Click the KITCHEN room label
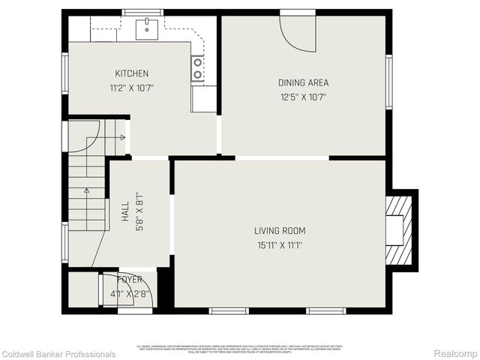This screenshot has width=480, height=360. (x=131, y=73)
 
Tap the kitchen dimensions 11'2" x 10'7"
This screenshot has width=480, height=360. (x=131, y=88)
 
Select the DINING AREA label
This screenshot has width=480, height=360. (x=303, y=82)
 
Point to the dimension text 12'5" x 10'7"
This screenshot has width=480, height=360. (x=303, y=97)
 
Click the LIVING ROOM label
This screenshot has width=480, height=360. (x=280, y=231)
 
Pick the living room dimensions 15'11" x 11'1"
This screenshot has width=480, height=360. (x=280, y=245)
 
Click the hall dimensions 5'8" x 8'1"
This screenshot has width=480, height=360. (x=139, y=213)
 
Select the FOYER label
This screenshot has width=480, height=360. (x=129, y=280)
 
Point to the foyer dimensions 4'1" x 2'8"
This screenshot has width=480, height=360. (x=129, y=294)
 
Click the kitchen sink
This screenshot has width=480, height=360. (x=147, y=28)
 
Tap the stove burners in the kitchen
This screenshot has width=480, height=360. (x=198, y=69)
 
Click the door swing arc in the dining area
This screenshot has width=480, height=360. (x=298, y=33)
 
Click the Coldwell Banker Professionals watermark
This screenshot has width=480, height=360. (x=58, y=354)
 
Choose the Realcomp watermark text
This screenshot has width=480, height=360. (x=456, y=354)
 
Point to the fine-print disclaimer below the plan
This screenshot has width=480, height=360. (x=239, y=349)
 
